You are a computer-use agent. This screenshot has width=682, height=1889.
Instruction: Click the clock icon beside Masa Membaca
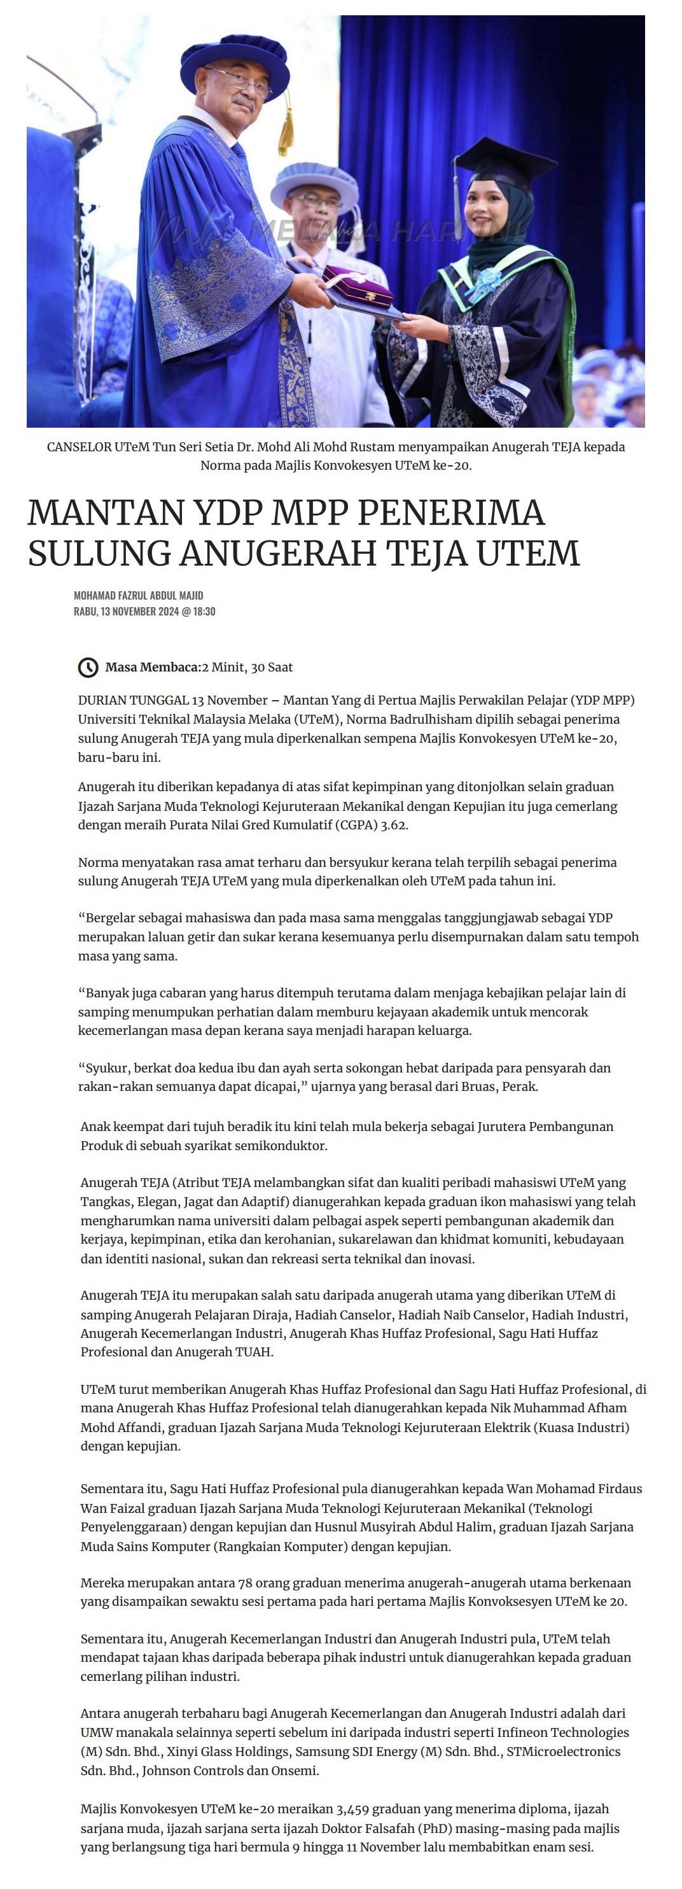coord(88,667)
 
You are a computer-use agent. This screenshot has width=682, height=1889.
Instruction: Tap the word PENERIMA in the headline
coord(451,512)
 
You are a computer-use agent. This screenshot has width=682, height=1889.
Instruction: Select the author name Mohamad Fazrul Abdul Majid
coord(138,596)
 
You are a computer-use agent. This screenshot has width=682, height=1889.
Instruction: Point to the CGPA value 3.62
coord(394,825)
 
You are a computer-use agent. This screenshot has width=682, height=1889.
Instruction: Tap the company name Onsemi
coord(294,1771)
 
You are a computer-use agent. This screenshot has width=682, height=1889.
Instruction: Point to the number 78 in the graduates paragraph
coord(246,1584)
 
